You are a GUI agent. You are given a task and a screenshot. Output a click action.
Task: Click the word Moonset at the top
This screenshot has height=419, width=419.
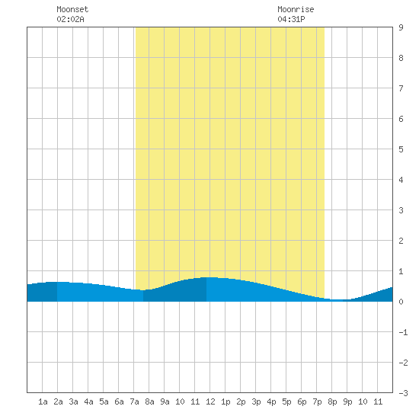coord(72,9)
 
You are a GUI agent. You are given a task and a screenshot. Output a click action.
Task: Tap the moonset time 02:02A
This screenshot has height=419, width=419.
coord(70,19)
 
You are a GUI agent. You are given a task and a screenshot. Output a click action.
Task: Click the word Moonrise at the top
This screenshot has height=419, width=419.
coord(296,9)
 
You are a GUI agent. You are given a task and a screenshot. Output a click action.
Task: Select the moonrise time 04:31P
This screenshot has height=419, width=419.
coord(291,19)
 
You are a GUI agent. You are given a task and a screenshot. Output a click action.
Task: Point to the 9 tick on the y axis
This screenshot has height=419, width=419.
coord(401,27)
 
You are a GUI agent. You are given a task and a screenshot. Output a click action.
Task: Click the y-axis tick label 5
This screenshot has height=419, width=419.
coord(401,149)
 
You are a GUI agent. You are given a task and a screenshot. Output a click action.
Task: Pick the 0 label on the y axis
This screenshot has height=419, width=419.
coord(401,302)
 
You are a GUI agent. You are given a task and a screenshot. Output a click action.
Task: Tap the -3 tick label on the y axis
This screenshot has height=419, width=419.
coord(403,393)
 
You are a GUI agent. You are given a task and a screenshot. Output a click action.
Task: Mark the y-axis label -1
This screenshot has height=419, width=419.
coord(403,332)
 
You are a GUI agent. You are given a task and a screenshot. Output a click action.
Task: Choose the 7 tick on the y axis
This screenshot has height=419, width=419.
coord(401,88)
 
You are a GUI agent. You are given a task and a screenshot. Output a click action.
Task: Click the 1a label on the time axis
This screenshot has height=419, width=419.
coord(43,401)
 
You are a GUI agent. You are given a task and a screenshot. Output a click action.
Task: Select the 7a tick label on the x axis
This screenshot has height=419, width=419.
coord(134,401)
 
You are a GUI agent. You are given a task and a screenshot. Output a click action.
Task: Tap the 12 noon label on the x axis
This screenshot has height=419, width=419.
coord(210,401)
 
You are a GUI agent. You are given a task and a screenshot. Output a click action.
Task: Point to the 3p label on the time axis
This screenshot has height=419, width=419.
coord(256,401)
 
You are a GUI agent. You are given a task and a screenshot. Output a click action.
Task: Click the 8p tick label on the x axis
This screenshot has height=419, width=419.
coord(332,401)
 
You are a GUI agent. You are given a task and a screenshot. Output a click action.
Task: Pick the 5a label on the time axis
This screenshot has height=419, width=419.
coord(104,401)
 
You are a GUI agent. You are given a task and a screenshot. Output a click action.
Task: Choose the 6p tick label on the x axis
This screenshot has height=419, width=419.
coord(302,401)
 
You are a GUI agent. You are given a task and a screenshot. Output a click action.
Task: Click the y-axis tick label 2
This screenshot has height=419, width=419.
coord(401,241)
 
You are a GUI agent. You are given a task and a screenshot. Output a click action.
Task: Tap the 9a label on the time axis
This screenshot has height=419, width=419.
coord(165,401)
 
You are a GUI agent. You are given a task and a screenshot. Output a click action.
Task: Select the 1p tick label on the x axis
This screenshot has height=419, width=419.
coord(225,401)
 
